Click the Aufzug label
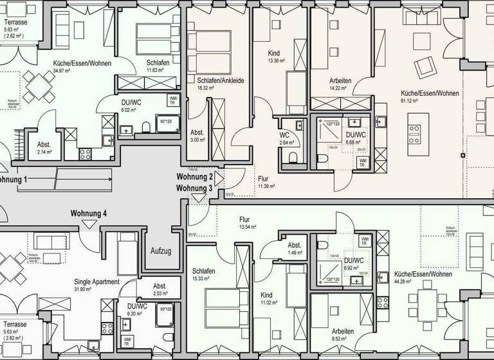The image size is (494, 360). [x=161, y=251]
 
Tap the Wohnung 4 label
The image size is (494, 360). [x=89, y=213]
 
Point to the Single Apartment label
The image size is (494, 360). [x=96, y=282]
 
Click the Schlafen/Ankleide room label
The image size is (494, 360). [x=219, y=80]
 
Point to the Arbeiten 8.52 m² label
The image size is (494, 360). [x=343, y=331]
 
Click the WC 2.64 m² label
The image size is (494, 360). [x=284, y=136]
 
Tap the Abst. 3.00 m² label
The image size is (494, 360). [x=197, y=133]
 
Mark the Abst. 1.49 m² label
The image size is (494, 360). [x=295, y=246]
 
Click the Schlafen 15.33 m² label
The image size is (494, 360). [x=203, y=271]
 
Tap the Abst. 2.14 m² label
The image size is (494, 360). [x=44, y=145]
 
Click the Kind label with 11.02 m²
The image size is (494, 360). [x=266, y=295]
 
